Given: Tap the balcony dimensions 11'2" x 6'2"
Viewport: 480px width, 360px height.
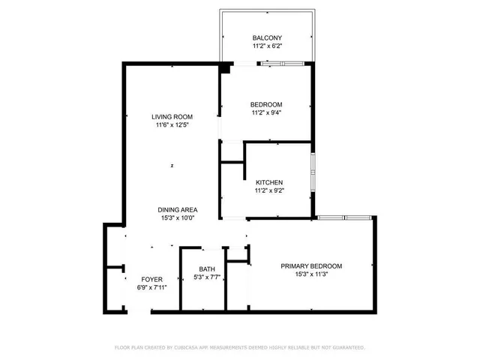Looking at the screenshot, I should coord(266,46).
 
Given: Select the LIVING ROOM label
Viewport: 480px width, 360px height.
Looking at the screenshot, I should coord(172,116).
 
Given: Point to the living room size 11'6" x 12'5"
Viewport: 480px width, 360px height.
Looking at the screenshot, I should coord(172,125).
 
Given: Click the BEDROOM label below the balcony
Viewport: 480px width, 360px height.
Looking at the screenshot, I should coord(266,104).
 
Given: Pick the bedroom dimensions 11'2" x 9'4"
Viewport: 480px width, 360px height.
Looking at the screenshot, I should coord(266,113).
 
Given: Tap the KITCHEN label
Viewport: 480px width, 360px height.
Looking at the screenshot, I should coord(269,182).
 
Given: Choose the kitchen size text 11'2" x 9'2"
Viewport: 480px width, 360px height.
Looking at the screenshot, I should coord(269,191).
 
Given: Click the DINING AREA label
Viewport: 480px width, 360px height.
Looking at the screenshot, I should coord(177,209).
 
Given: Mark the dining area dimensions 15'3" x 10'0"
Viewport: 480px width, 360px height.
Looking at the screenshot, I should coord(177,218).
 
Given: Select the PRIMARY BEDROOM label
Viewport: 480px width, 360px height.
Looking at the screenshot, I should coord(311,266).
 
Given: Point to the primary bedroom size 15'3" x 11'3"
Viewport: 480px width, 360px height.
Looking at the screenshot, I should coord(311,275).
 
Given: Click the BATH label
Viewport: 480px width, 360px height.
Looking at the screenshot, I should coord(207,269).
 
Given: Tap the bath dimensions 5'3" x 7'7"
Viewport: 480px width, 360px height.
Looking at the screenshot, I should coord(207,278).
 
